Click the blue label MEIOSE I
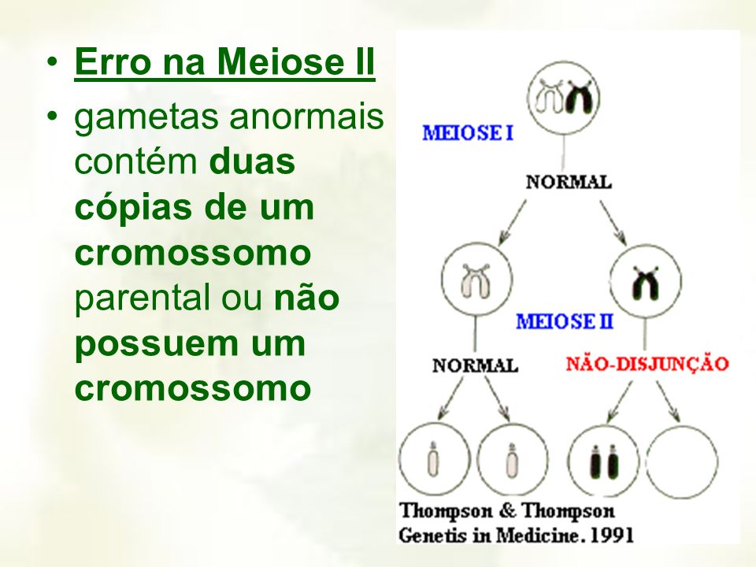pyautogui.click(x=468, y=132)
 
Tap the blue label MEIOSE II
pyautogui.click(x=565, y=321)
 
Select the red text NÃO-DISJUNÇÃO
pyautogui.click(x=647, y=364)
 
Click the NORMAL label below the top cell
pyautogui.click(x=569, y=182)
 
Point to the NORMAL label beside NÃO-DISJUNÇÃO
pyautogui.click(x=476, y=365)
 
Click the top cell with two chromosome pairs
pyautogui.click(x=564, y=97)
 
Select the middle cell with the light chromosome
pyautogui.click(x=477, y=279)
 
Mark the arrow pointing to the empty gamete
pyautogui.click(x=668, y=402)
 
